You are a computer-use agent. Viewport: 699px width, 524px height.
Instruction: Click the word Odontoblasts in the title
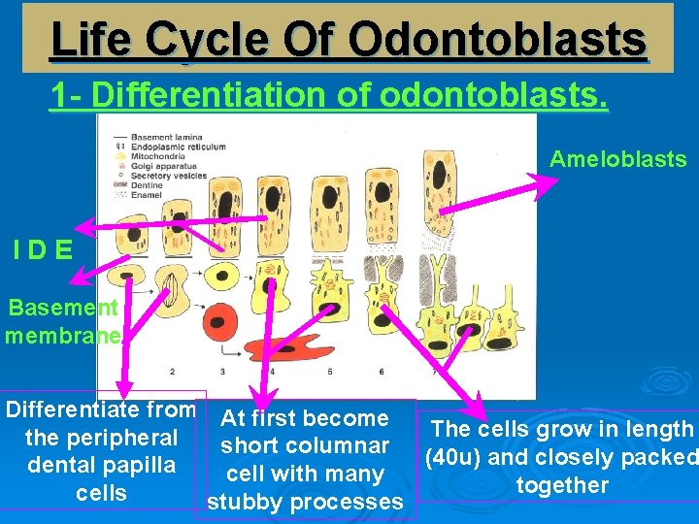(x=496, y=41)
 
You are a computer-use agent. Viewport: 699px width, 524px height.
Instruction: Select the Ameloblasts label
(x=617, y=159)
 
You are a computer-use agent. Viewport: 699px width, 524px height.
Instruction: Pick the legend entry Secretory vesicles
(x=174, y=176)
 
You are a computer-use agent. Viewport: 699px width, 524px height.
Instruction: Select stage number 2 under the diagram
(x=172, y=371)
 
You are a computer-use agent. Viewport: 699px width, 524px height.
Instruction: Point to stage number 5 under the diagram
(x=330, y=371)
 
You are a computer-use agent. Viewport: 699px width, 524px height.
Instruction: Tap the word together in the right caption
(x=562, y=485)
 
